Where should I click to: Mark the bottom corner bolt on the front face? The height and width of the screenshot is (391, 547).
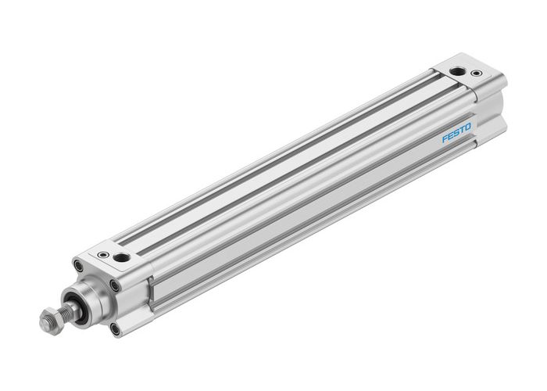(x=116, y=328)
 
